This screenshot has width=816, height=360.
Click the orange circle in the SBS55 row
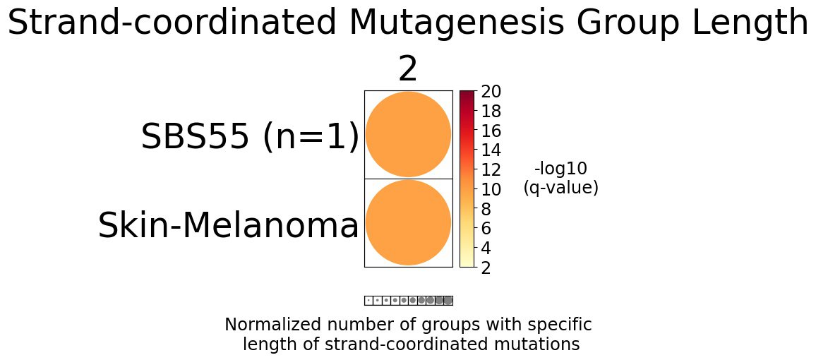408,134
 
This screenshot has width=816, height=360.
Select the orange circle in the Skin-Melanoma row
408,222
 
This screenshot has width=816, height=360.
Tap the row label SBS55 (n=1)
250,137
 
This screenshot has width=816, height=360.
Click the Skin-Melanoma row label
228,227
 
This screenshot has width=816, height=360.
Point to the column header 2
408,70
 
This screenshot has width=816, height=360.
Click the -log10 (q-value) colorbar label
560,178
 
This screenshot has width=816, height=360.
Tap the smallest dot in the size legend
368,300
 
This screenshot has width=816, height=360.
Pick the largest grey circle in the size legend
448,300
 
